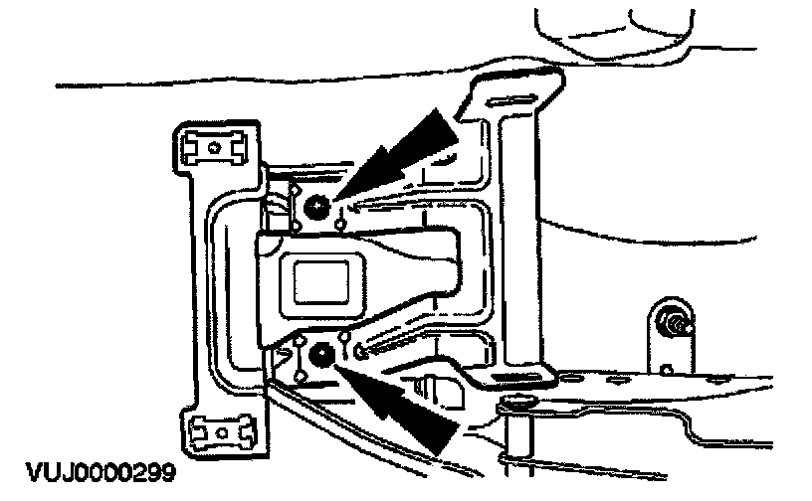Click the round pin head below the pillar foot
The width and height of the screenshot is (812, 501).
coord(514,401)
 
